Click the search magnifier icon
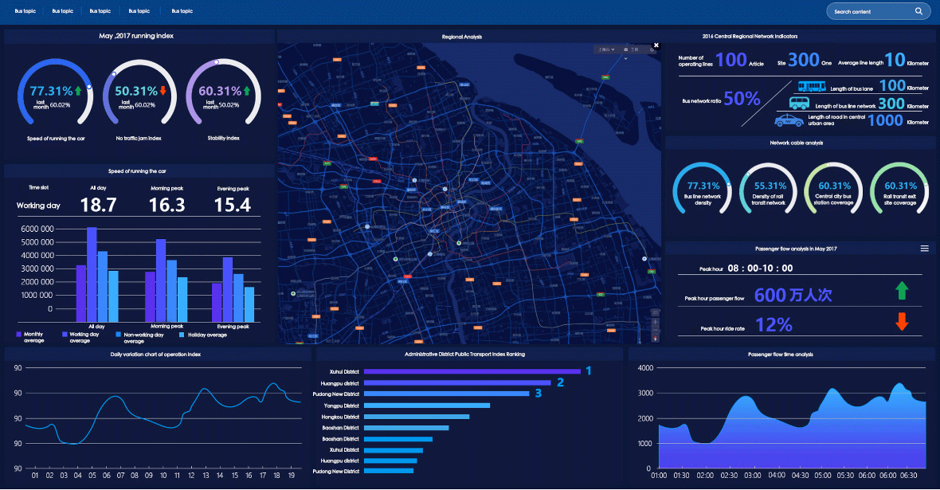tap(918, 11)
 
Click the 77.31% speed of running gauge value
tap(51, 91)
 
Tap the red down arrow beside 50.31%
tap(163, 91)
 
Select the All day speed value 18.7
tap(99, 206)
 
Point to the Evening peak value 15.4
tap(233, 206)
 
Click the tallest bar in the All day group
tap(92, 275)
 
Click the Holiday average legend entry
tap(202, 335)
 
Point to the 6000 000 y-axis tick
tap(37, 229)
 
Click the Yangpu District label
tap(342, 406)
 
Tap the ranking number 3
tap(538, 393)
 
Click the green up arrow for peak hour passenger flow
tap(902, 290)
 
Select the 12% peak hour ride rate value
tap(774, 325)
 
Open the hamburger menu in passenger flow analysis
tap(925, 249)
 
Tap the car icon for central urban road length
tap(789, 120)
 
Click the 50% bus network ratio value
tap(742, 99)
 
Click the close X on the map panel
tap(656, 45)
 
